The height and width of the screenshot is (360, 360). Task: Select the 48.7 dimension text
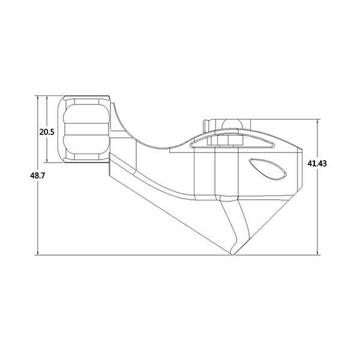(26, 175)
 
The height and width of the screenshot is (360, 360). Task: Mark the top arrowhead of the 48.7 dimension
(38, 97)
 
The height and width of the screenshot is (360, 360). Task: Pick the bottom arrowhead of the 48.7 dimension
(38, 253)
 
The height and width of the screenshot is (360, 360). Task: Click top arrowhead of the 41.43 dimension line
(317, 121)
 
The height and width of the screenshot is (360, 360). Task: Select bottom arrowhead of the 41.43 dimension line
(317, 253)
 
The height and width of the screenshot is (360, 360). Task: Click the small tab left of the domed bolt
(206, 126)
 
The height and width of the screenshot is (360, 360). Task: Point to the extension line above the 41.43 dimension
(282, 119)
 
